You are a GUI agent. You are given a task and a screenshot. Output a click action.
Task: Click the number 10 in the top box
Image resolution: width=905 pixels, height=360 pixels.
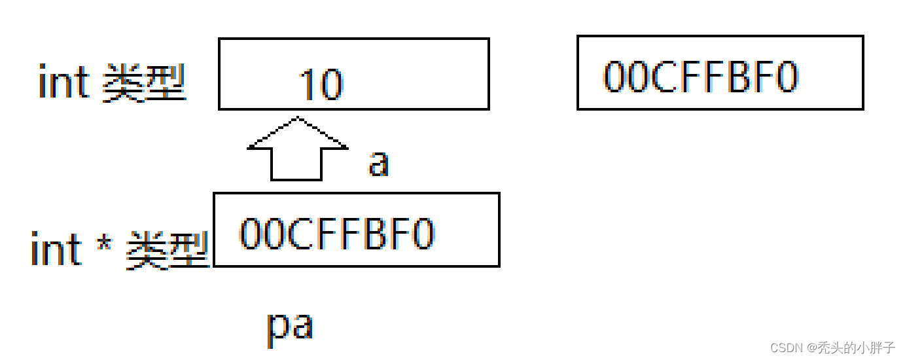[x=321, y=85]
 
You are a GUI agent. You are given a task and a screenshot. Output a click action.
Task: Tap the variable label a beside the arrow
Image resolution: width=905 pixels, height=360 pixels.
[x=378, y=163]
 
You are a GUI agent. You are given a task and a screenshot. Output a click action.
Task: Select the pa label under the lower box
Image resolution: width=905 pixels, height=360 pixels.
[x=290, y=327]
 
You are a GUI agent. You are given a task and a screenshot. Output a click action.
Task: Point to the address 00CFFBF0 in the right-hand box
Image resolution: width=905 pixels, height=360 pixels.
[x=700, y=77]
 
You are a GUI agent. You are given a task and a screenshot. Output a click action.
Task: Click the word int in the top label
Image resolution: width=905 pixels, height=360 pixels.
[x=63, y=84]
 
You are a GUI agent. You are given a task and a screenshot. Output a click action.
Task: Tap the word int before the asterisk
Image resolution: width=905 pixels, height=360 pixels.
[x=56, y=250]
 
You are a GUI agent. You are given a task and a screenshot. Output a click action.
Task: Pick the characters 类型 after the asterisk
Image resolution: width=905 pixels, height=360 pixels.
[x=167, y=251]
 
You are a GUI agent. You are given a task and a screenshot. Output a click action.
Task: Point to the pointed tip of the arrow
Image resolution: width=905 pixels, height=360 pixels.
[x=298, y=118]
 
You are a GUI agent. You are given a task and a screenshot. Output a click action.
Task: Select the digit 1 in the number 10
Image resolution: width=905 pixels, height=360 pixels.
[x=308, y=85]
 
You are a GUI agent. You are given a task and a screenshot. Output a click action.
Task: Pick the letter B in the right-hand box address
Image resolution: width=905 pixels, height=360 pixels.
[x=745, y=77]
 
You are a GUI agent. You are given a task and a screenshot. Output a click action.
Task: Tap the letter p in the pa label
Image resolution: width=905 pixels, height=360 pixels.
[x=278, y=328]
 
